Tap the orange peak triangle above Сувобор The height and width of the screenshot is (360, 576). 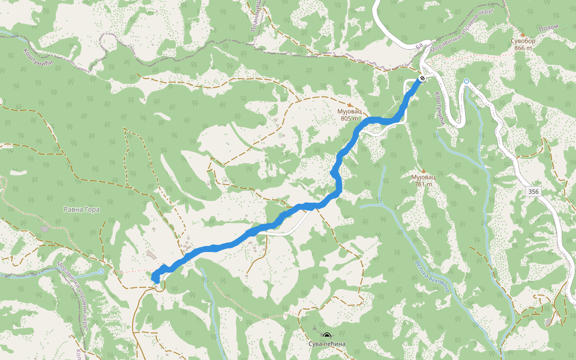tap(522, 35)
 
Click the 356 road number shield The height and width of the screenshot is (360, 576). tap(533, 191)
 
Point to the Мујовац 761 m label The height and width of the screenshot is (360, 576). tap(423, 181)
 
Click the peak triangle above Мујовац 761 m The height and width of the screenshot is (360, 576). tap(423, 171)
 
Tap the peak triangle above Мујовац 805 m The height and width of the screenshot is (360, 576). tap(350, 105)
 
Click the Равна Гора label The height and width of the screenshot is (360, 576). tap(81, 209)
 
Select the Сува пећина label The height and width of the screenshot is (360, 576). tap(326, 344)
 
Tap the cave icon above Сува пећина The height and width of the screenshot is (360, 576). tap(326, 335)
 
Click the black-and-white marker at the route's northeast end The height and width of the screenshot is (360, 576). tap(422, 79)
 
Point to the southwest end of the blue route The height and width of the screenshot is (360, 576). tap(155, 278)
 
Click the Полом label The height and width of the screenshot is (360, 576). tap(548, 28)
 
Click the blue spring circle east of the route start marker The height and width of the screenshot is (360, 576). tap(466, 81)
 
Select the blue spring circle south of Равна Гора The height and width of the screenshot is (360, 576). tap(101, 272)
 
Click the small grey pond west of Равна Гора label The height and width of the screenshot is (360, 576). tap(45, 229)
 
